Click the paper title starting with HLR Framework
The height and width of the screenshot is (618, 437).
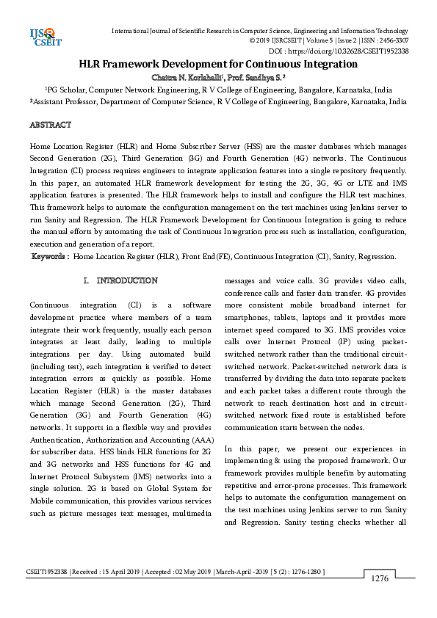point(218,65)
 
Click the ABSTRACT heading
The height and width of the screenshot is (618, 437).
point(50,126)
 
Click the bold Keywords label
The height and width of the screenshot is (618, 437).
point(51,257)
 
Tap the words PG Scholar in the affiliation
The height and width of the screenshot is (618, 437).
point(56,90)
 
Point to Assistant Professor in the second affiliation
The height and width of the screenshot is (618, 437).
point(64,103)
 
